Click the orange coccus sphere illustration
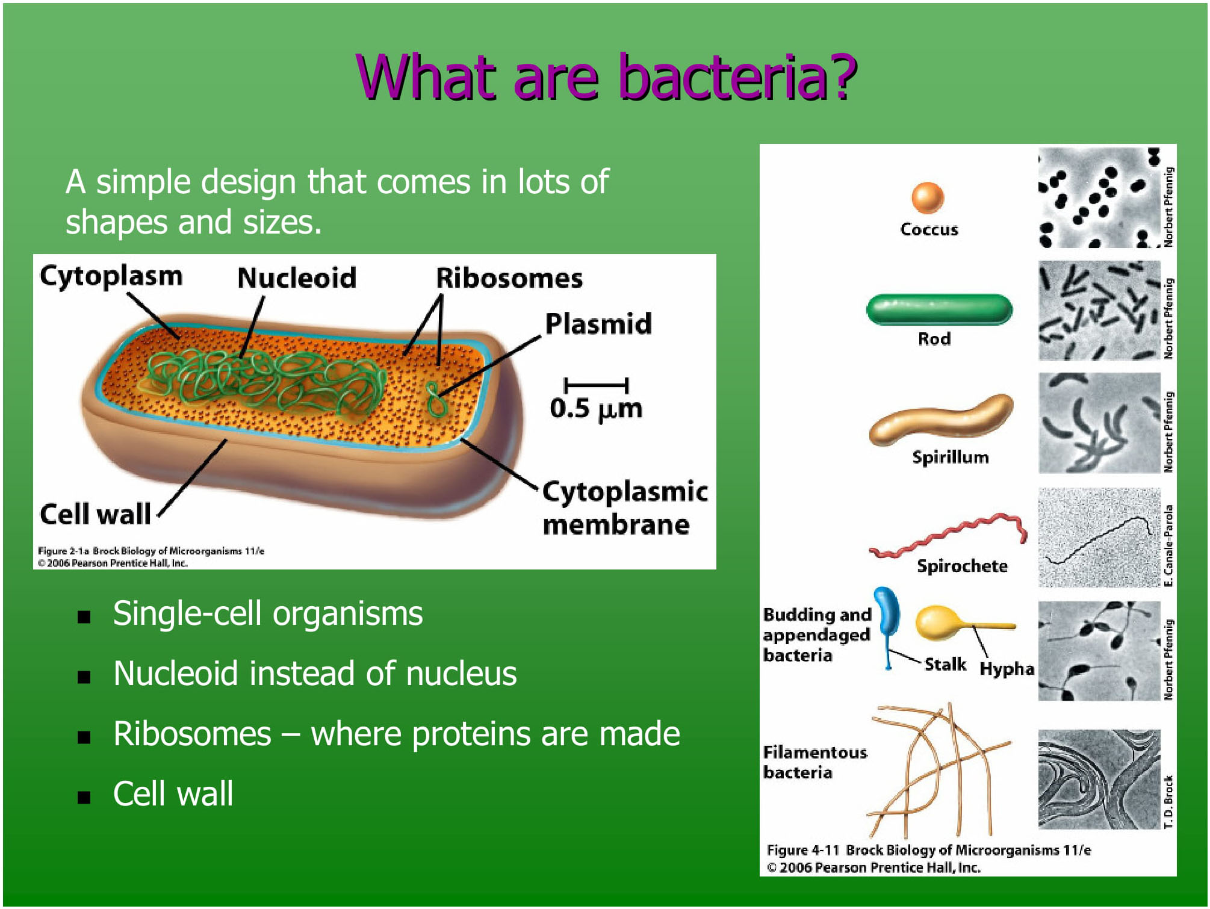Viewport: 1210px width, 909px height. click(x=927, y=197)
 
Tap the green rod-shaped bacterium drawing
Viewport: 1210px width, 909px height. click(x=939, y=309)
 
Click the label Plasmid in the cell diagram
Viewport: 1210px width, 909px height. click(x=598, y=324)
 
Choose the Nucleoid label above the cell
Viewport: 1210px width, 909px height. click(x=296, y=278)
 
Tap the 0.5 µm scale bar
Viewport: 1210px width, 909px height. click(x=595, y=385)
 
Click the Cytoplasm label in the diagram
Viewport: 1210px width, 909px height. click(x=111, y=276)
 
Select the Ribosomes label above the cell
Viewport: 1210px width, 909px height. click(x=509, y=278)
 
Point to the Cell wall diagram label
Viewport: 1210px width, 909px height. click(x=95, y=514)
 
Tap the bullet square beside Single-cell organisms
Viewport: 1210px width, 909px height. click(x=84, y=616)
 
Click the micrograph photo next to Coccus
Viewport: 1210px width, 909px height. click(x=1099, y=197)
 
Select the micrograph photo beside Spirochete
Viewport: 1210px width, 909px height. click(x=1099, y=538)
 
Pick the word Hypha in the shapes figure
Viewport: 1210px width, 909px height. click(x=1007, y=668)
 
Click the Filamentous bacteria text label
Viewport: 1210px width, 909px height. click(x=814, y=762)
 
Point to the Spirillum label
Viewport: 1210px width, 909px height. click(x=950, y=457)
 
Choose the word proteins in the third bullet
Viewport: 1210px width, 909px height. click(x=473, y=734)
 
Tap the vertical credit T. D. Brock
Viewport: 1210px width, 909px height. click(x=1168, y=801)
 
